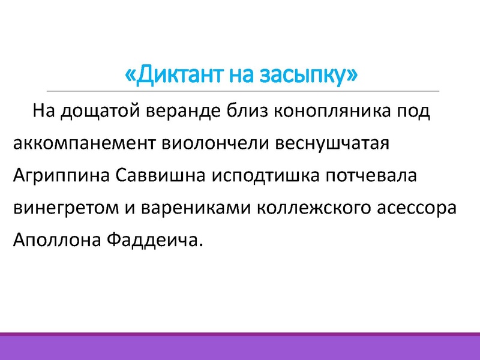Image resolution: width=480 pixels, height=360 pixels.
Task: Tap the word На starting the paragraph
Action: [45, 111]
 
